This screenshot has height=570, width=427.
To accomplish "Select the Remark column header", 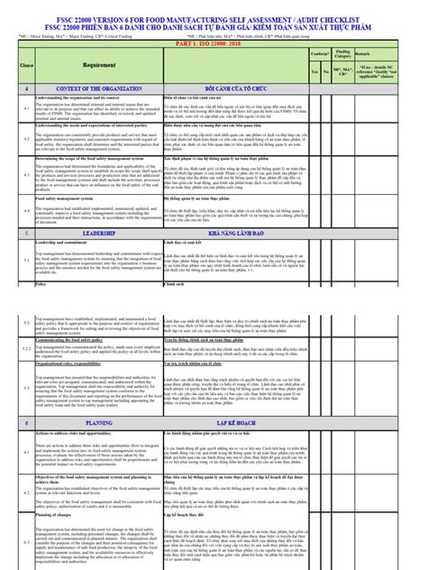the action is point(388,55).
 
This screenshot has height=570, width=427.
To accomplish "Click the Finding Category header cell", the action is point(343,56).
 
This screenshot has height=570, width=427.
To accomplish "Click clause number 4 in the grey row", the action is point(26,88).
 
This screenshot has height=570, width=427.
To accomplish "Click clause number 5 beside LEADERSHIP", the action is point(26,233).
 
